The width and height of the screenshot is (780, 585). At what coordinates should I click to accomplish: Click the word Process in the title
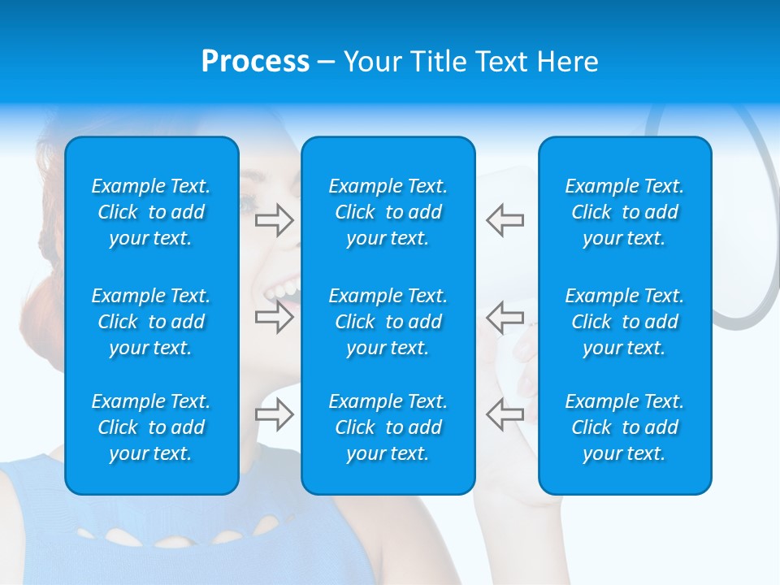pyautogui.click(x=255, y=62)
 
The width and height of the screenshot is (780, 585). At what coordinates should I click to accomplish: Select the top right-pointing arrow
pyautogui.click(x=274, y=219)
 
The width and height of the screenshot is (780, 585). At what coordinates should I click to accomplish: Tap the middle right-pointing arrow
pyautogui.click(x=274, y=317)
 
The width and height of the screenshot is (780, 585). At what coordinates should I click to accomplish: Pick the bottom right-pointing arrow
pyautogui.click(x=274, y=414)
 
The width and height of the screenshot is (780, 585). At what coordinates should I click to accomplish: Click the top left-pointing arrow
pyautogui.click(x=505, y=219)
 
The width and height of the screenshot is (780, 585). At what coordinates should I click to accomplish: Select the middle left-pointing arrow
pyautogui.click(x=505, y=317)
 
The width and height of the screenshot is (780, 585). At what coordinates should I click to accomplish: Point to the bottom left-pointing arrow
pyautogui.click(x=505, y=414)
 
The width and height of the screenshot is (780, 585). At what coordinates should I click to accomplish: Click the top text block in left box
pyautogui.click(x=151, y=212)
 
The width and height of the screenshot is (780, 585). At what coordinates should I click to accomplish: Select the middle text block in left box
pyautogui.click(x=151, y=322)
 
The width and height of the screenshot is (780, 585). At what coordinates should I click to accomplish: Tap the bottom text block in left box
pyautogui.click(x=151, y=427)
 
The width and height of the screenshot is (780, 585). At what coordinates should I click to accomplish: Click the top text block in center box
pyautogui.click(x=388, y=212)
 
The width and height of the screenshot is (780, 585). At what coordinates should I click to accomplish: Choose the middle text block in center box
pyautogui.click(x=388, y=322)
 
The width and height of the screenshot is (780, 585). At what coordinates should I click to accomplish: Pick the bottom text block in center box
pyautogui.click(x=388, y=427)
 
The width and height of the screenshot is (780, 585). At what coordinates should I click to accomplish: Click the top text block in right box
pyautogui.click(x=624, y=212)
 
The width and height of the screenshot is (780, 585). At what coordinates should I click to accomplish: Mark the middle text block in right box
pyautogui.click(x=624, y=322)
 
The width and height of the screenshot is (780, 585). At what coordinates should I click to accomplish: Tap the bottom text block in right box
pyautogui.click(x=624, y=427)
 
